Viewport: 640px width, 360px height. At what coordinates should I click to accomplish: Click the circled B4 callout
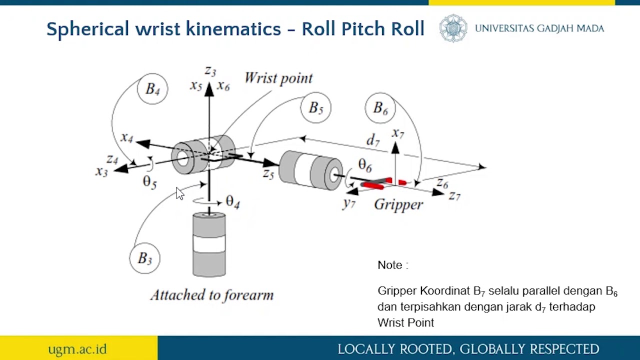(x=152, y=89)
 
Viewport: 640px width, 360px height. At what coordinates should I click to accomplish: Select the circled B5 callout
(x=315, y=107)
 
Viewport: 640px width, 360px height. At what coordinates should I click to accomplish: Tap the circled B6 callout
(x=380, y=108)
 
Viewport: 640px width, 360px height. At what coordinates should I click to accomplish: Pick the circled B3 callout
(x=144, y=258)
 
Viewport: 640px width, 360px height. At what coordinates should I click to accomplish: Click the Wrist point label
(x=278, y=78)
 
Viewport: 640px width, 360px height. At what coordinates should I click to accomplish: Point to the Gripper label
(x=398, y=204)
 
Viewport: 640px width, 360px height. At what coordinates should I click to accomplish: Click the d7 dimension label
(x=373, y=140)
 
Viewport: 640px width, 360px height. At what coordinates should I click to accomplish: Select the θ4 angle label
(x=232, y=201)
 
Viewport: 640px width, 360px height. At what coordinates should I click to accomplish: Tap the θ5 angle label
(x=149, y=181)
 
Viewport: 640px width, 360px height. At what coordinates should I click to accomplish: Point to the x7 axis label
(x=397, y=133)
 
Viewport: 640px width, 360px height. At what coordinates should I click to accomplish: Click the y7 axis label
(x=348, y=203)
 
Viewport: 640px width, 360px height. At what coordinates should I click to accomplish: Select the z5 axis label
(x=268, y=174)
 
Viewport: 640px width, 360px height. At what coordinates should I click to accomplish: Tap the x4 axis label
(x=126, y=137)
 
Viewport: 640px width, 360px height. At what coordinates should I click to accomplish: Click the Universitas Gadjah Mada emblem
(x=453, y=28)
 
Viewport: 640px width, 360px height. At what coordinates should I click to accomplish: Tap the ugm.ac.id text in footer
(x=77, y=348)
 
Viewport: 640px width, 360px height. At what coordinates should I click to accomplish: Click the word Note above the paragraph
(x=390, y=265)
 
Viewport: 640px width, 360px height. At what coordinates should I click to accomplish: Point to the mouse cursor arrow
(x=179, y=193)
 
